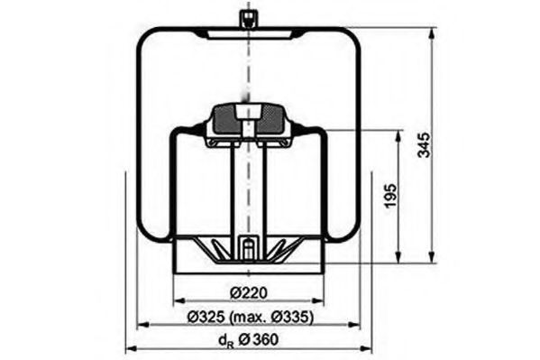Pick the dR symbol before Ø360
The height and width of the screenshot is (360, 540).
coord(225,340)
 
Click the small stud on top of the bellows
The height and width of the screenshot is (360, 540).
coord(246,19)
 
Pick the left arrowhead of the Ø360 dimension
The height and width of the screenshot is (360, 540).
coord(128,349)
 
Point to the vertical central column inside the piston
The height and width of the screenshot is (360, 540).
coord(247,189)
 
